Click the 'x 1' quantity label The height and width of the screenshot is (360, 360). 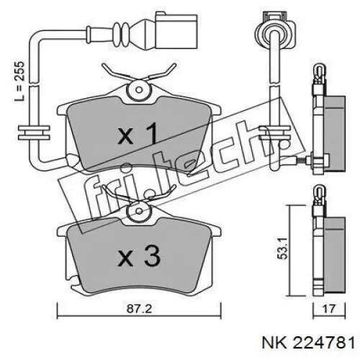[x=138, y=134]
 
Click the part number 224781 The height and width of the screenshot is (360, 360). [x=324, y=343]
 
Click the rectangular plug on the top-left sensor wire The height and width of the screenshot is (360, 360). [x=176, y=30]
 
